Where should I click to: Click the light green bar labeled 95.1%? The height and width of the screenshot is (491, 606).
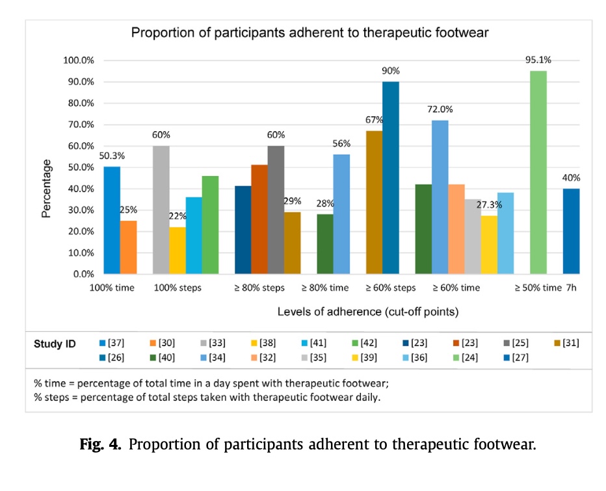(538, 172)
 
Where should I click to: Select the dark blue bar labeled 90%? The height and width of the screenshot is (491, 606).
(391, 178)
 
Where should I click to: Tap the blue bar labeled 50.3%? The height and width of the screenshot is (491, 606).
(112, 220)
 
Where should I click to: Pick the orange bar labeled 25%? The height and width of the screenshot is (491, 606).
(128, 247)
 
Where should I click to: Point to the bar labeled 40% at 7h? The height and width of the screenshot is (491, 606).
(571, 231)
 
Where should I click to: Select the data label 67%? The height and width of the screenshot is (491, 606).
(374, 120)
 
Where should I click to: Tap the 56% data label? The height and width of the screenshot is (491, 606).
(341, 143)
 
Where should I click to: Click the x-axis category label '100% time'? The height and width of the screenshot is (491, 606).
(112, 288)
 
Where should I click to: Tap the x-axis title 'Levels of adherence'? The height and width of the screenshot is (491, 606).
(368, 312)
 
